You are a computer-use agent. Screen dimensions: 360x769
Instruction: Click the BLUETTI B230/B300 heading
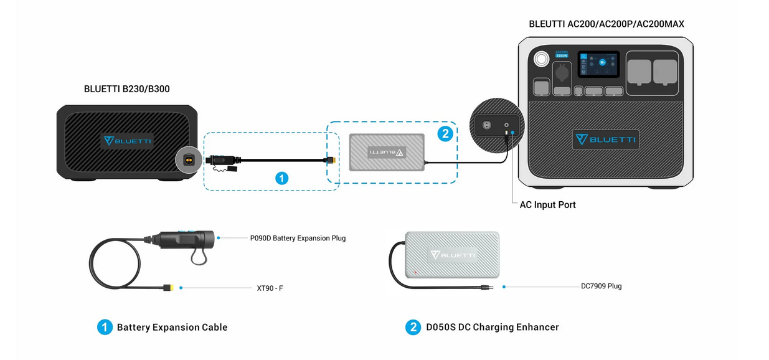coord(126,90)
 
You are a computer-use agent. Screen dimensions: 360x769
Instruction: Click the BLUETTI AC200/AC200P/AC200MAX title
coord(606,24)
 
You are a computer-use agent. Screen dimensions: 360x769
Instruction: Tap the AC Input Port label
coord(547,205)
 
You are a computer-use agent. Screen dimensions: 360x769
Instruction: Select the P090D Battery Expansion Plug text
coord(298,238)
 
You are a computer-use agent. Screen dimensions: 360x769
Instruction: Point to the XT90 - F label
coord(270,288)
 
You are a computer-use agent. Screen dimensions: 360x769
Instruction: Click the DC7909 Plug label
coord(601,287)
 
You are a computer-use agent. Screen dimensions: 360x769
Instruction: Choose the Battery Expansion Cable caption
coord(172,328)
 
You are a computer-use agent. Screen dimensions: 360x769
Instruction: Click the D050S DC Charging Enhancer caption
coord(491,328)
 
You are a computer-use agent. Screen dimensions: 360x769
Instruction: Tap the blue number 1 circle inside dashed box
coord(281,178)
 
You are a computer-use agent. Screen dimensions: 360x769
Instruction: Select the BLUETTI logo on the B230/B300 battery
coord(127,141)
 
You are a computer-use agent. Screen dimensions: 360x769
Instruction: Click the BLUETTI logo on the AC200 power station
coord(605,140)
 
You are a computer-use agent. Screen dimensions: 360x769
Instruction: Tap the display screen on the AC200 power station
coord(598,64)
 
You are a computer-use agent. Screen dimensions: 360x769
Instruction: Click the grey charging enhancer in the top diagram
coord(387,153)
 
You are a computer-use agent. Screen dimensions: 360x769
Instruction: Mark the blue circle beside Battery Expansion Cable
coord(105,328)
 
